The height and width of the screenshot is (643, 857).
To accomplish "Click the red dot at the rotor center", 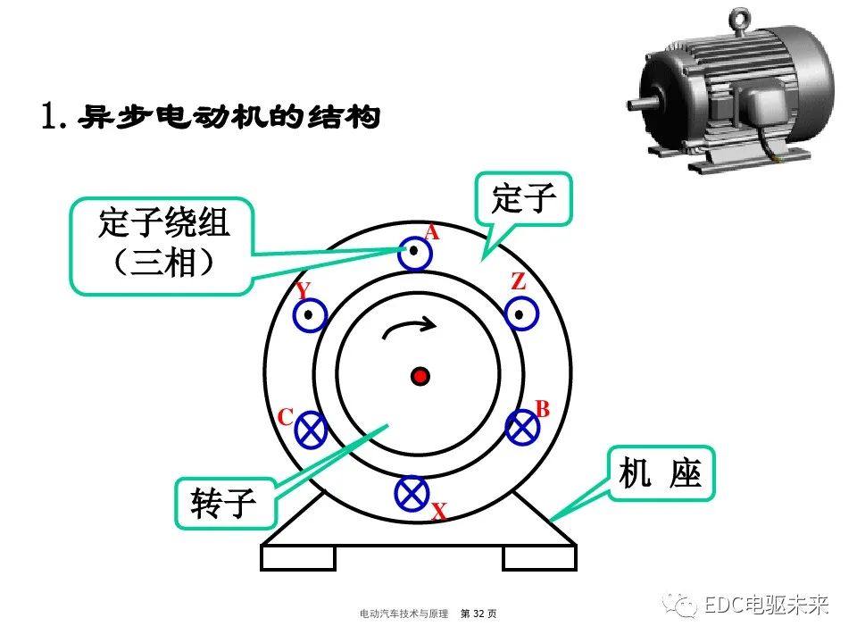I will (420, 376).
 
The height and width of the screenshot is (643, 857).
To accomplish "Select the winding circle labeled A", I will (414, 254).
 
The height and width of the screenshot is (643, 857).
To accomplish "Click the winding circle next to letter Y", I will (310, 315).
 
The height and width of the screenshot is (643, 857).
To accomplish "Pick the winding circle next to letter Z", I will (520, 314).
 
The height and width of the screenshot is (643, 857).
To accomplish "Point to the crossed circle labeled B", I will (522, 428).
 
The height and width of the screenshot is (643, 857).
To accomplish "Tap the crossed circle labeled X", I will (412, 492).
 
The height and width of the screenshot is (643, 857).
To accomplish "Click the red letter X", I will (438, 512).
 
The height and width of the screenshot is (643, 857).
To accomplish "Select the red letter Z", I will (518, 282).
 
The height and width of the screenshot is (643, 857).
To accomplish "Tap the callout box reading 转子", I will (224, 505).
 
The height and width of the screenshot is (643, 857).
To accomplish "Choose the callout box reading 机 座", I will (661, 474).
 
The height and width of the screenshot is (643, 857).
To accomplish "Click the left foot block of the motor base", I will (297, 557).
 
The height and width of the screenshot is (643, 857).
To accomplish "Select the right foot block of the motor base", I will (539, 557).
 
